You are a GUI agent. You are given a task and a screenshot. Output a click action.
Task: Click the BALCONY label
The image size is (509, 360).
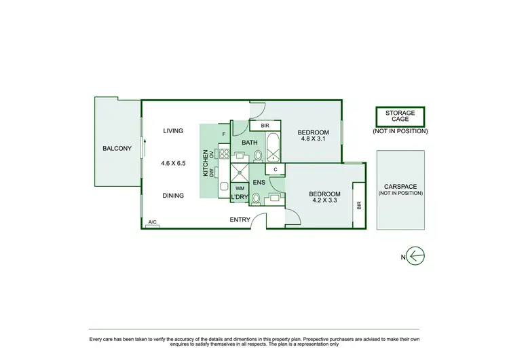pos(117,149)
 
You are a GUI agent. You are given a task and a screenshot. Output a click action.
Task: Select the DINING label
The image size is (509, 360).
pos(175,195)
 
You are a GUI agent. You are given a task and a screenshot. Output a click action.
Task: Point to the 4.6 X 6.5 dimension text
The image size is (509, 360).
pos(175,163)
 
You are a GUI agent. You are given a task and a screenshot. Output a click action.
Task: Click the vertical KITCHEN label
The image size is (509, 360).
pos(206,164)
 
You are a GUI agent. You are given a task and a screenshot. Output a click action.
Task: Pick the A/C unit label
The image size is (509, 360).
pos(153,223)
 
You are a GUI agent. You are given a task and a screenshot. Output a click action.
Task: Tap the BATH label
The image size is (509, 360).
pos(249,143)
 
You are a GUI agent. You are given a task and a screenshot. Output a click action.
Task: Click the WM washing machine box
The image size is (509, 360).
pos(240,187)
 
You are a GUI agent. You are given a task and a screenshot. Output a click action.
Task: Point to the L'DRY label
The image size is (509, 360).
pos(239,198)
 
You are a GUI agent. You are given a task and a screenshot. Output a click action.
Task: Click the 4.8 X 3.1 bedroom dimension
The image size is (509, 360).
pos(314,139)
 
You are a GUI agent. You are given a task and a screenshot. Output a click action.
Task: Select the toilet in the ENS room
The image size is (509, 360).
pos(255,198)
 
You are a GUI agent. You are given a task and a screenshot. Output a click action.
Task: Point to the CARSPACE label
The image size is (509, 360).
pos(400,189)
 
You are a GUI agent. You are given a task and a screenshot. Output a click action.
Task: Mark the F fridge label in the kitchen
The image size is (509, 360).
pos(225,133)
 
